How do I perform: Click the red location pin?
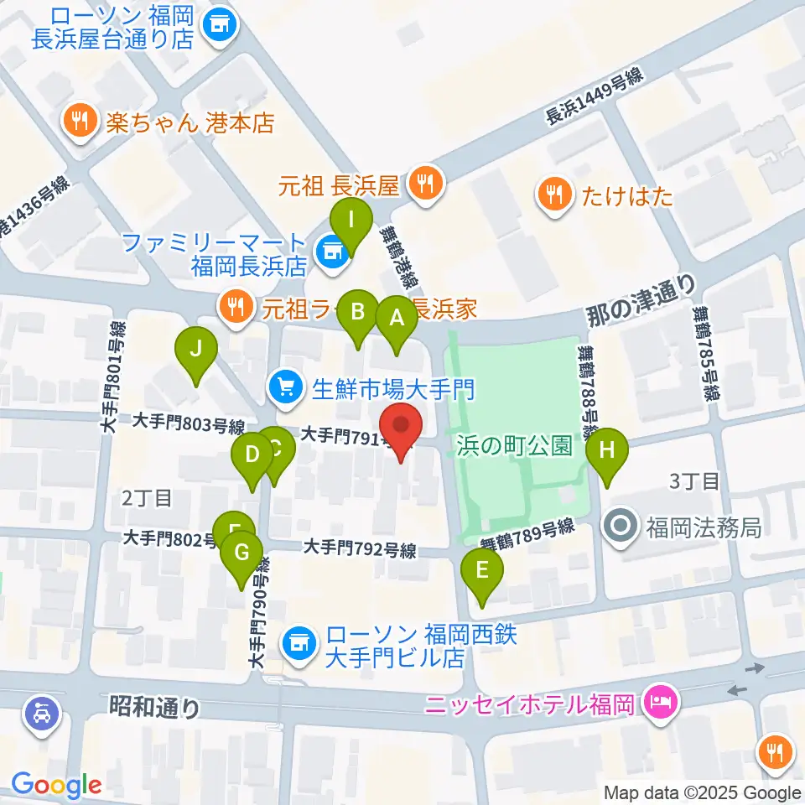(400, 428)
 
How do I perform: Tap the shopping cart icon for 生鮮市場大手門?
(284, 387)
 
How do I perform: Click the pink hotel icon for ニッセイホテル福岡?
(657, 700)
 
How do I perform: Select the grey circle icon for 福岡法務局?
(621, 527)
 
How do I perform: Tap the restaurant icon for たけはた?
(553, 195)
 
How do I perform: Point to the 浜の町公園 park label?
(515, 445)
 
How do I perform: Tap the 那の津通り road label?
(640, 304)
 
